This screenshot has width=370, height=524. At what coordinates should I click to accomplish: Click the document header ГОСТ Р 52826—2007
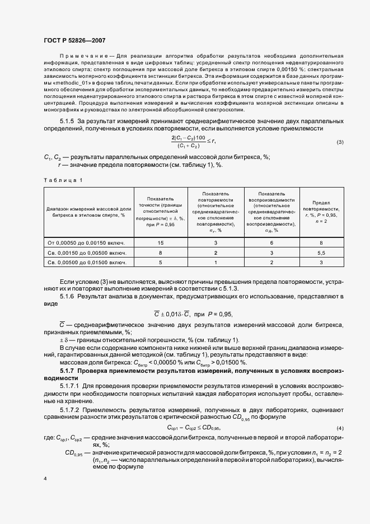(74, 40)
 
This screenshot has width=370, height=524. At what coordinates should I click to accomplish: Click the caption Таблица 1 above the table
(63, 180)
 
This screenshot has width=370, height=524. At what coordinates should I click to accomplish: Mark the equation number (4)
(340, 429)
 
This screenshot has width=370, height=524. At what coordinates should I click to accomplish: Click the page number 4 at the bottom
(45, 479)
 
